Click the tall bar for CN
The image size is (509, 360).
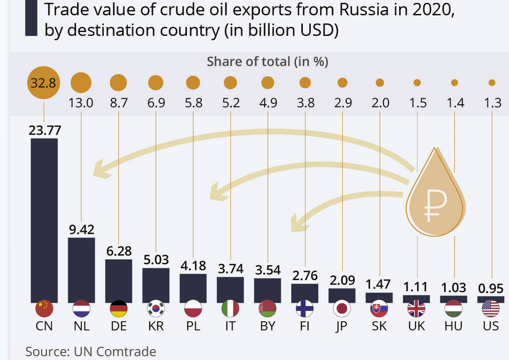(44, 218)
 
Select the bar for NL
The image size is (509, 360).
(81, 269)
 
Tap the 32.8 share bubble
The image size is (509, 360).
(44, 83)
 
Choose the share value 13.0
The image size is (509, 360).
(81, 102)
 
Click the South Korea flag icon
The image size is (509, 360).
(156, 309)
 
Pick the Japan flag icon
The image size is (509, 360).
(342, 309)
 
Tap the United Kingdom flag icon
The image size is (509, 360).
(416, 309)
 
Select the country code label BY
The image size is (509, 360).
(267, 326)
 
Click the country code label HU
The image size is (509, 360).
(453, 326)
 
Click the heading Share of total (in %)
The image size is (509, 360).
(267, 62)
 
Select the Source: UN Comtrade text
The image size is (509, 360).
(91, 351)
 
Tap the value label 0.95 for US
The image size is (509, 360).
(490, 287)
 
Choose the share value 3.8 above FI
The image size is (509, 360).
(305, 102)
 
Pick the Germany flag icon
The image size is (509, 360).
(118, 309)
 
